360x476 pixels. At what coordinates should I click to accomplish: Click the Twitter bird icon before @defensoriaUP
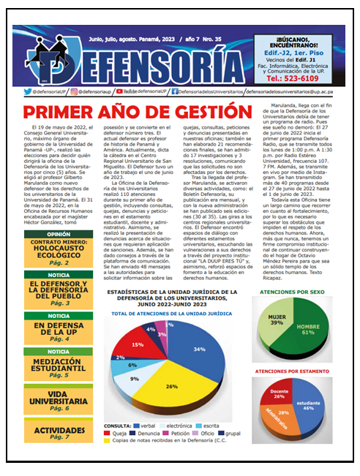27,92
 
